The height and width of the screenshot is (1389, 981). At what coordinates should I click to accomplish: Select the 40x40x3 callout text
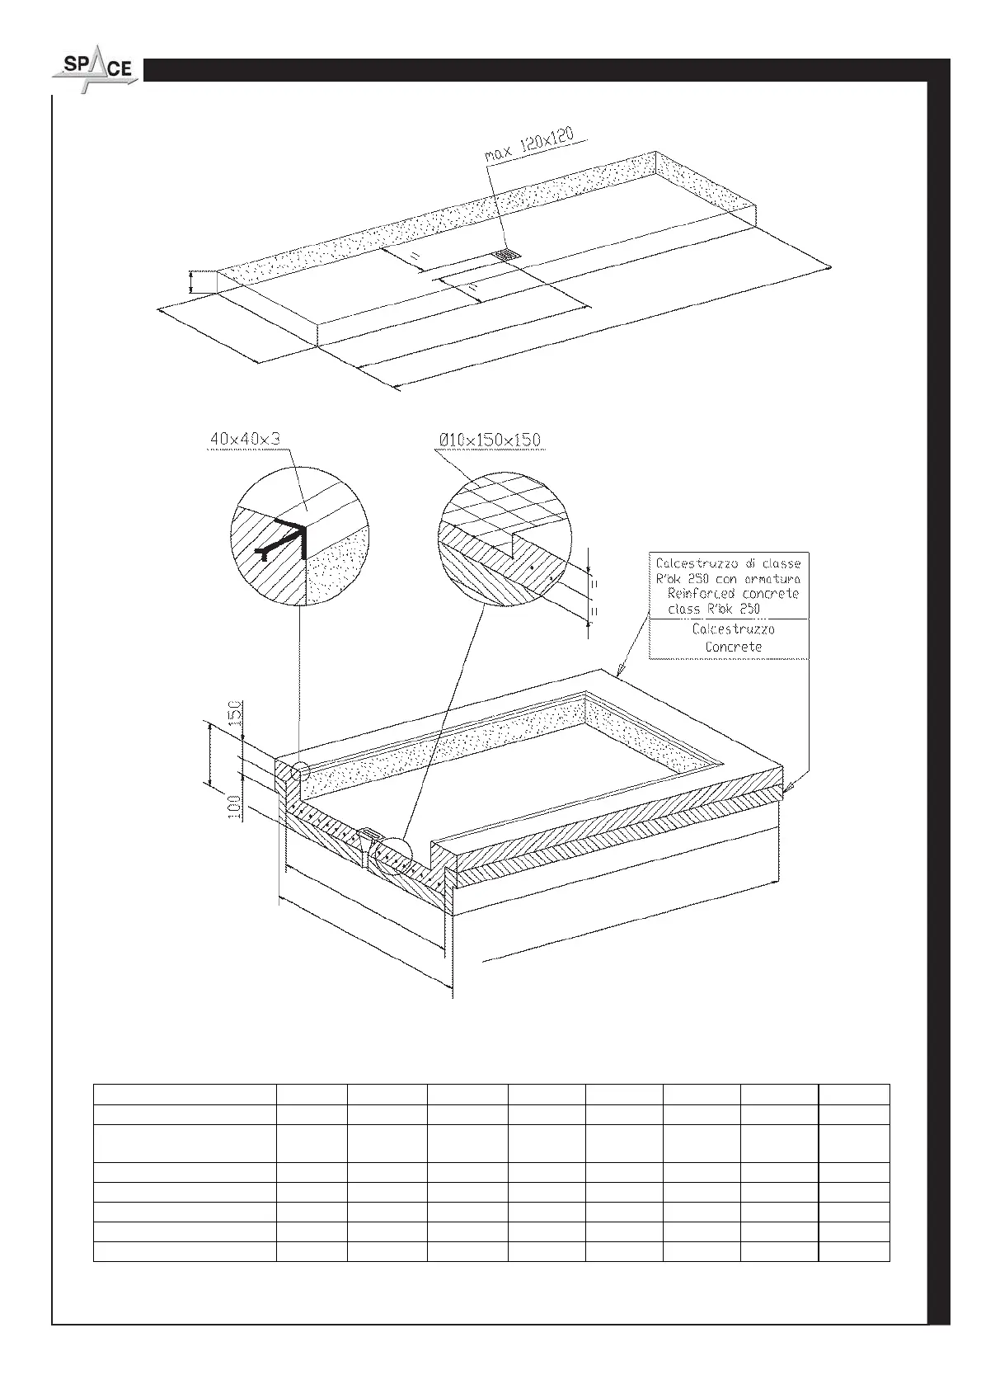(246, 440)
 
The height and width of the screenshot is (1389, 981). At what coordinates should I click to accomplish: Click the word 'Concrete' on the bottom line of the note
(733, 647)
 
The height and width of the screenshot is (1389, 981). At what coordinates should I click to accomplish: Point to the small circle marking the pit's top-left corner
(301, 771)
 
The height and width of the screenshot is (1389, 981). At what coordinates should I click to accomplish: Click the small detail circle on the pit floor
(392, 858)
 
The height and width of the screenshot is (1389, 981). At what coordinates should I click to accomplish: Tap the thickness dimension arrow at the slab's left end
(191, 282)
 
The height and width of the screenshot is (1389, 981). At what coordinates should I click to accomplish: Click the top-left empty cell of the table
(184, 1094)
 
